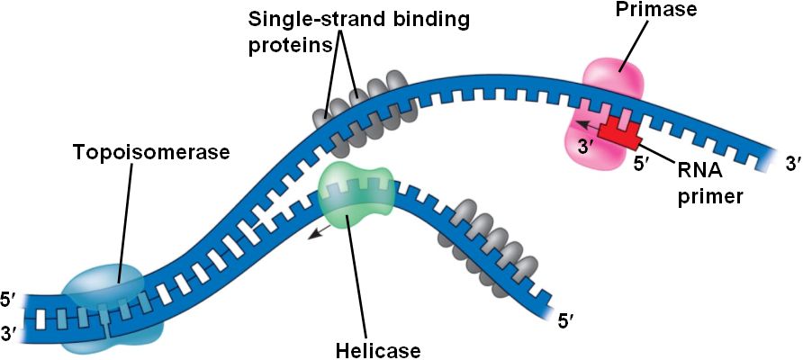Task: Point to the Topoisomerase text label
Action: point(152,152)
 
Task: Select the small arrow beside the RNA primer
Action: point(586,124)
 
